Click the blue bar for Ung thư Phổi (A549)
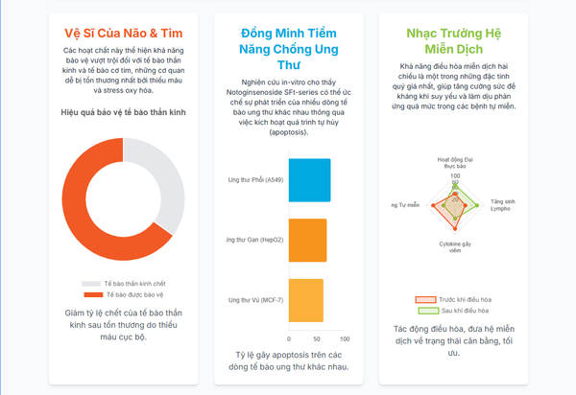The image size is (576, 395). click(x=309, y=179)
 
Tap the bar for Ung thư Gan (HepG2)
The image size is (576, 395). click(x=307, y=240)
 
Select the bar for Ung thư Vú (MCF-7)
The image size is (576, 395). click(x=305, y=299)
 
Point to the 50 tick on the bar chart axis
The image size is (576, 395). click(x=317, y=339)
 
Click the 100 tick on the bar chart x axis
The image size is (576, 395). click(x=346, y=339)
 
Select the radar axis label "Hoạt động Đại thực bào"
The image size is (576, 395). click(x=455, y=162)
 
